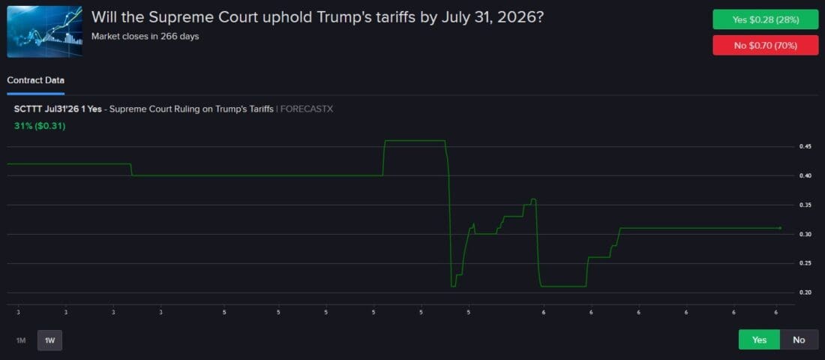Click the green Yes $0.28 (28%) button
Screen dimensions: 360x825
765,19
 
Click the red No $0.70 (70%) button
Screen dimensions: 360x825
765,46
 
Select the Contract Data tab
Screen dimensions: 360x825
35,80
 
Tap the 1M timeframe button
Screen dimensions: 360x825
21,340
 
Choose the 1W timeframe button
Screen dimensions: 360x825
49,340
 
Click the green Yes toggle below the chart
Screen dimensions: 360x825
759,340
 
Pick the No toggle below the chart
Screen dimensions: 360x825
799,340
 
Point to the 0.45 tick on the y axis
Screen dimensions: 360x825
804,147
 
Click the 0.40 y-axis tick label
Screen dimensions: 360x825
804,176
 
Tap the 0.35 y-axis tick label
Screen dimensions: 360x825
804,205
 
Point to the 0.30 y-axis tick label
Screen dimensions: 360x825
804,235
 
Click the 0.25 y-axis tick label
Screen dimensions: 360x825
804,263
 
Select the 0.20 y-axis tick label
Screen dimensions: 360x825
804,292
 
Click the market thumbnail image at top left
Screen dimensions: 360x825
45,31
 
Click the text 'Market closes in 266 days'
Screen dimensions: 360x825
145,36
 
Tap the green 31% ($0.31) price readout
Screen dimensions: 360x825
40,126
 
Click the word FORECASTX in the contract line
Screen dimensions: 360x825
307,109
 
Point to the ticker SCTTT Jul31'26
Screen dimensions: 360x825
46,109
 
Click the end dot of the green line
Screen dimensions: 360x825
780,228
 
